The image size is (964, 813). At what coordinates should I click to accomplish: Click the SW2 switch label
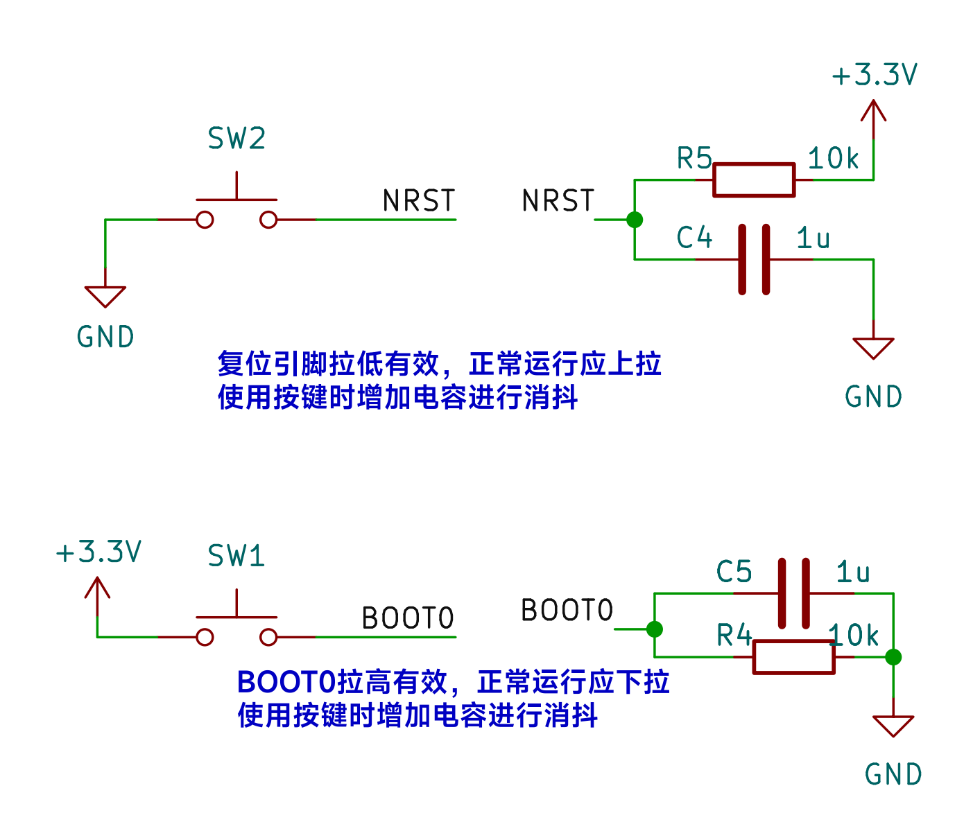pyautogui.click(x=236, y=139)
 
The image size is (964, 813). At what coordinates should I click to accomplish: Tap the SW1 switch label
pyautogui.click(x=236, y=556)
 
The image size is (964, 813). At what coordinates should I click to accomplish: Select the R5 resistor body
pyautogui.click(x=754, y=180)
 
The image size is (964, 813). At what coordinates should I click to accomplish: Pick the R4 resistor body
pyautogui.click(x=793, y=657)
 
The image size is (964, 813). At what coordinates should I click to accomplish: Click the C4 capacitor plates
pyautogui.click(x=754, y=260)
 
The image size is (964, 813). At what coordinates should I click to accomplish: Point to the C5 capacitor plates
pyautogui.click(x=794, y=593)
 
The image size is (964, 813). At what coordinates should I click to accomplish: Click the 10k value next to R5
pyautogui.click(x=834, y=159)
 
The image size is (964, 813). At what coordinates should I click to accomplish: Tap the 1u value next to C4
pyautogui.click(x=814, y=238)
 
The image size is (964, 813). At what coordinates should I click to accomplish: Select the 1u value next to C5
pyautogui.click(x=853, y=572)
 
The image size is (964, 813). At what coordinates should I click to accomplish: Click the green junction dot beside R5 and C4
pyautogui.click(x=635, y=220)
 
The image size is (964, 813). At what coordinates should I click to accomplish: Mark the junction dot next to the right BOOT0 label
pyautogui.click(x=654, y=629)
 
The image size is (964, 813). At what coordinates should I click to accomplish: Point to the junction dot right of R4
pyautogui.click(x=893, y=657)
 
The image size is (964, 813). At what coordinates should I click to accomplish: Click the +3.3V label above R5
pyautogui.click(x=875, y=75)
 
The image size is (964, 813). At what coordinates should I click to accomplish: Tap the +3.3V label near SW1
pyautogui.click(x=98, y=552)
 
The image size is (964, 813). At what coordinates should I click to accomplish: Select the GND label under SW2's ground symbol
pyautogui.click(x=105, y=338)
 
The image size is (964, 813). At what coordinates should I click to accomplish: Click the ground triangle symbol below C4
pyautogui.click(x=873, y=347)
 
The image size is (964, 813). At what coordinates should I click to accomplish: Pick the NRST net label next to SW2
pyautogui.click(x=419, y=201)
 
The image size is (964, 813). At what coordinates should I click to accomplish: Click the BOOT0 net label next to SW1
pyautogui.click(x=408, y=618)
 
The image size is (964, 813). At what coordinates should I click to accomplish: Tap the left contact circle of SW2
pyautogui.click(x=205, y=220)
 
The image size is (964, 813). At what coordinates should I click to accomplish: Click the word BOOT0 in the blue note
pyautogui.click(x=286, y=683)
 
